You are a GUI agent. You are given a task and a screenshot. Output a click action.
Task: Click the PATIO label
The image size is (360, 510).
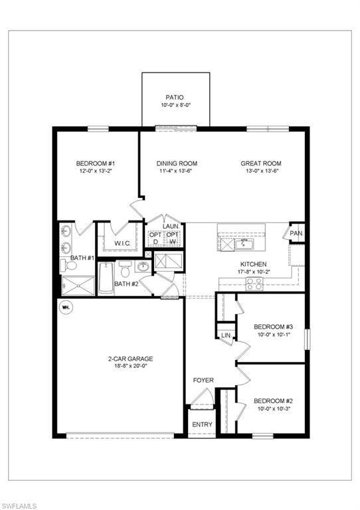[176, 97]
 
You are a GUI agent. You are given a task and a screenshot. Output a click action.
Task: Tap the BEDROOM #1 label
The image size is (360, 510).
[96, 164]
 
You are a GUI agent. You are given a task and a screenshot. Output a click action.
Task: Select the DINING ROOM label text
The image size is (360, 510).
[177, 164]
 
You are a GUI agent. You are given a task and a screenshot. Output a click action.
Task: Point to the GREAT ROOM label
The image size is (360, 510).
[261, 164]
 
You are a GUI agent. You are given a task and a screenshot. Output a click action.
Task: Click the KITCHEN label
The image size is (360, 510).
[253, 264]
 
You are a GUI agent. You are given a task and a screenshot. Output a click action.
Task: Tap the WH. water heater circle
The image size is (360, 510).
[66, 307]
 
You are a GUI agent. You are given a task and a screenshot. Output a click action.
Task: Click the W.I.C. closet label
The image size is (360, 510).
[122, 243]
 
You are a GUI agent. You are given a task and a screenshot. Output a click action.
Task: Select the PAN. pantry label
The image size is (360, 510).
[297, 234]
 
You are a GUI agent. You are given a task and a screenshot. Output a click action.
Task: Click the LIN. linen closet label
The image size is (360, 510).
[226, 336]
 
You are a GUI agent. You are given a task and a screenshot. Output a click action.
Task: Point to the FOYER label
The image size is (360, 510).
[203, 381]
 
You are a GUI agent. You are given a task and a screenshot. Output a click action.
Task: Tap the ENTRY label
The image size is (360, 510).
[203, 424]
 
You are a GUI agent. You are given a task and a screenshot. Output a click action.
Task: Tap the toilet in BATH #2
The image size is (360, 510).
[124, 270]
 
